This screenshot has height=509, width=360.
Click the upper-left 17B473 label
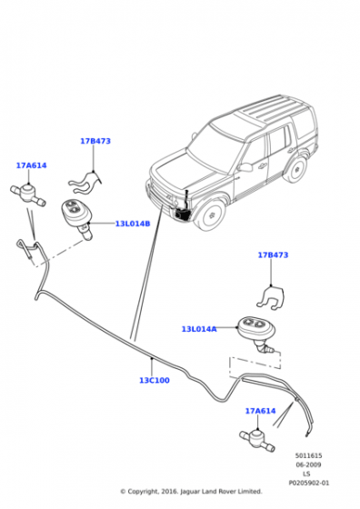[95, 141]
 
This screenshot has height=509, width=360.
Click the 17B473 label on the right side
[273, 254]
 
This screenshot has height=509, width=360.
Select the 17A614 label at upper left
[32, 165]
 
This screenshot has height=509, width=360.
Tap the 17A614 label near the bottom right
[260, 411]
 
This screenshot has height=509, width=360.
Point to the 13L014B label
[133, 224]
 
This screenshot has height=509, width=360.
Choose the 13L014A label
[199, 329]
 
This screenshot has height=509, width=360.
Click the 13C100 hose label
[155, 380]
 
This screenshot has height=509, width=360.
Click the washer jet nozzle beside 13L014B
[77, 218]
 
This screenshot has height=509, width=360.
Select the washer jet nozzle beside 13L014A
[257, 334]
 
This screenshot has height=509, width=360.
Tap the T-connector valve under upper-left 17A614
[28, 195]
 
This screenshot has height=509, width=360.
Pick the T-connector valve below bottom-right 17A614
[257, 440]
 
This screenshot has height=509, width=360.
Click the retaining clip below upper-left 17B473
[85, 182]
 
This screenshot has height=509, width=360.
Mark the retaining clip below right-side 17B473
[271, 297]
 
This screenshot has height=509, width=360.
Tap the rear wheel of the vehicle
[295, 169]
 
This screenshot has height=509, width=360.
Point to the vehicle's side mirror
[245, 167]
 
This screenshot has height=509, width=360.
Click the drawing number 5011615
[308, 455]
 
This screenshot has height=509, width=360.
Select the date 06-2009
[308, 464]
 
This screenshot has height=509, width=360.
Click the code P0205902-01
[309, 483]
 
